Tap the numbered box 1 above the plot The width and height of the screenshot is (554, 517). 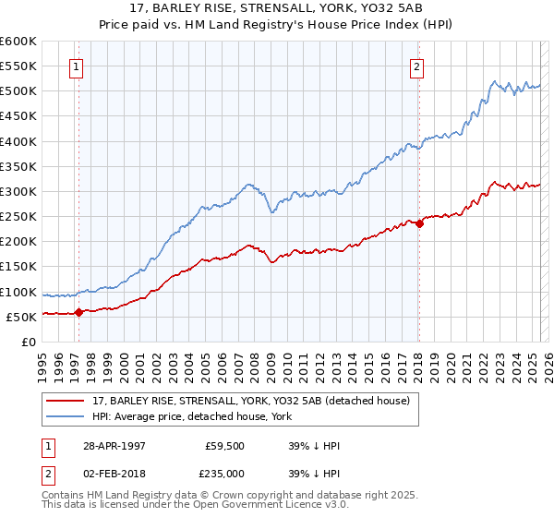tap(75, 66)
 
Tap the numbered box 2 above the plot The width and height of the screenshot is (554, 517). tap(417, 66)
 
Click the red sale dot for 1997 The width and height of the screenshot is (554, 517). tap(78, 312)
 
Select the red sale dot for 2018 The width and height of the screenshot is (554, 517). tap(418, 223)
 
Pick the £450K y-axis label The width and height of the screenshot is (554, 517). tap(19, 116)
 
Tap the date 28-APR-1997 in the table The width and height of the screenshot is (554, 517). tap(114, 446)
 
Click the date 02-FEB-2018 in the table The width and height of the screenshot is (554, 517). tap(114, 474)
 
